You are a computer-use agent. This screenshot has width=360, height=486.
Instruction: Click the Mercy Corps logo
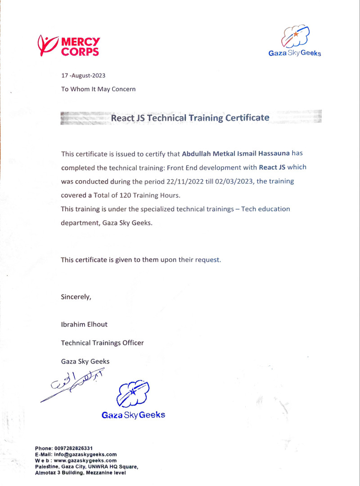(x=69, y=45)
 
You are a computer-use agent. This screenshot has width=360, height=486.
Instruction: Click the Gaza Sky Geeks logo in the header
(x=295, y=40)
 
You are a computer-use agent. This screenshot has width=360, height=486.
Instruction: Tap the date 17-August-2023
(x=83, y=76)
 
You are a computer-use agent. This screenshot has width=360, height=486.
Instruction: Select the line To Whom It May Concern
(x=98, y=89)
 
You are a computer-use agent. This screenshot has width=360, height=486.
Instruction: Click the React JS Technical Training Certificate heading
(x=190, y=118)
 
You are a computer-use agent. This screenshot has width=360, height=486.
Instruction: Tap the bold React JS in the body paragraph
(x=272, y=168)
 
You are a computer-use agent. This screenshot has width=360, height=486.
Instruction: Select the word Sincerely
(x=76, y=297)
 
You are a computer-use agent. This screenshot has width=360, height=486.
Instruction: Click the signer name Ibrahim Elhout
(x=84, y=324)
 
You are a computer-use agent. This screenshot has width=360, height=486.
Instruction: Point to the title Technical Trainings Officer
(x=102, y=343)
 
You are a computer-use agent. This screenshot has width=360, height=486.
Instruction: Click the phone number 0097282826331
(x=73, y=448)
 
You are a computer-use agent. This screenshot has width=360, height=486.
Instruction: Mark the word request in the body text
(x=207, y=260)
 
